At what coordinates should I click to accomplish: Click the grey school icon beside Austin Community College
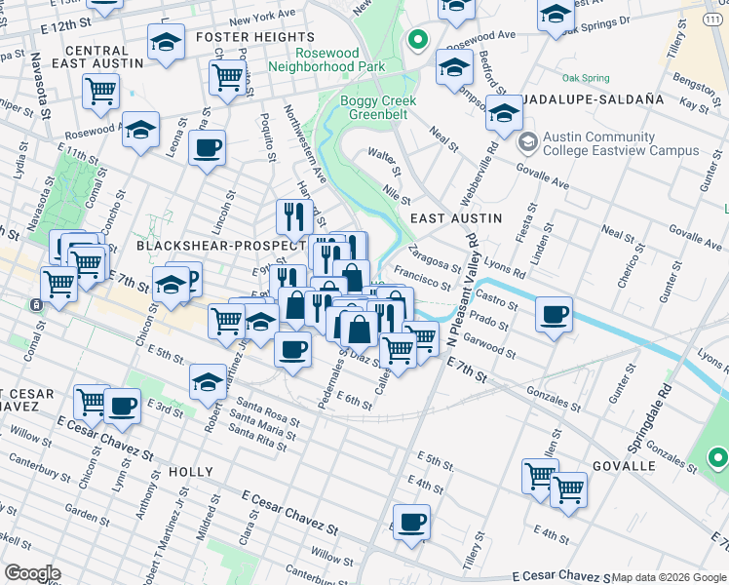(528, 143)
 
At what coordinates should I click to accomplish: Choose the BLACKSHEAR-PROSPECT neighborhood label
(210, 247)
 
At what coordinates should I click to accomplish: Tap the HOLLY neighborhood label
(190, 472)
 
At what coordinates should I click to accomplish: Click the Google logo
(32, 573)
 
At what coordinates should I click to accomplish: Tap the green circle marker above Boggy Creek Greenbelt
(418, 40)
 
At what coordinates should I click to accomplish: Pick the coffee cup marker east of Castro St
(554, 315)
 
